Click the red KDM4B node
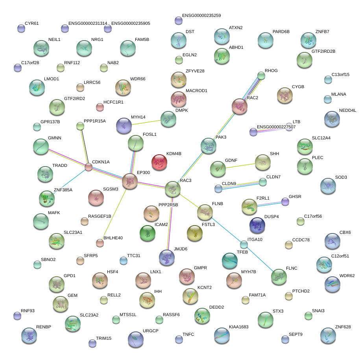pyautogui.click(x=160, y=162)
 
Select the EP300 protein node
pyautogui.click(x=129, y=181)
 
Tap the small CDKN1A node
pyautogui.click(x=89, y=167)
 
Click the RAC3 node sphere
pyautogui.click(x=172, y=189)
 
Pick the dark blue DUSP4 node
pyautogui.click(x=257, y=225)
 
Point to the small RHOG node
pyautogui.click(x=261, y=75)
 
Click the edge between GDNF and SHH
pyautogui.click(x=240, y=165)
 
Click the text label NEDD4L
pyautogui.click(x=347, y=111)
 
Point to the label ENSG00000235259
pyautogui.click(x=201, y=16)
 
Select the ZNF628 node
pyautogui.click(x=328, y=335)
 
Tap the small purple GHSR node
pyautogui.click(x=285, y=202)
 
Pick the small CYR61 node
pyautogui.click(x=21, y=28)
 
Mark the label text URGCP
pyautogui.click(x=150, y=331)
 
